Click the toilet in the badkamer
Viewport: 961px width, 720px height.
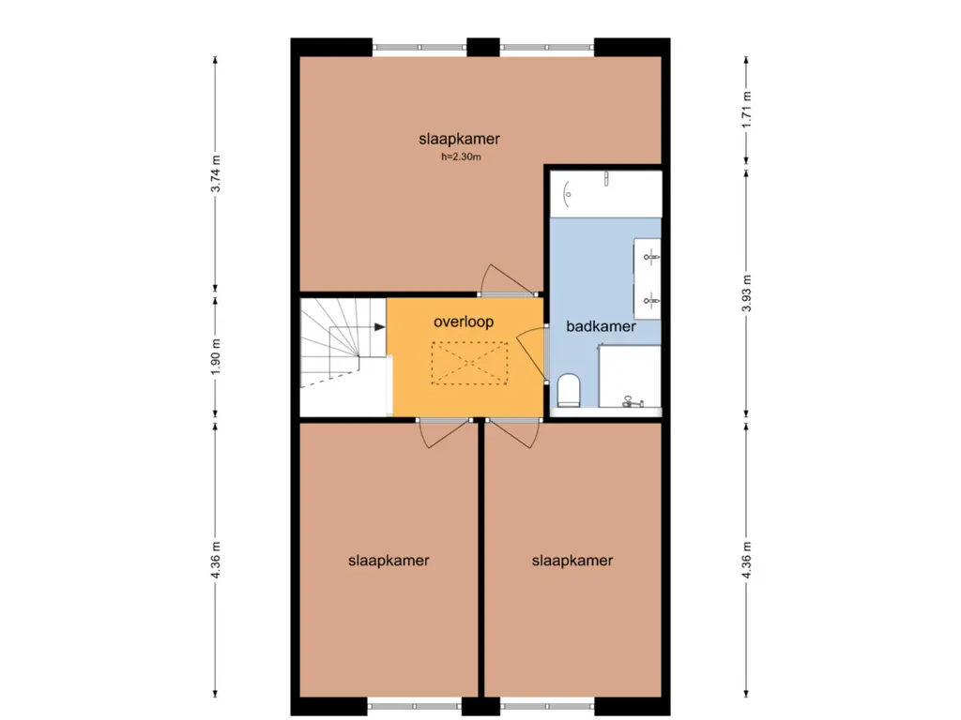pyautogui.click(x=569, y=391)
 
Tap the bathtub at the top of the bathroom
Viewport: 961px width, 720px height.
pyautogui.click(x=605, y=194)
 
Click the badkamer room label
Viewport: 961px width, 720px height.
pyautogui.click(x=601, y=326)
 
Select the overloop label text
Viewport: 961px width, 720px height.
pyautogui.click(x=464, y=322)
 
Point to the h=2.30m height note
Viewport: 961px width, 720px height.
pyautogui.click(x=461, y=157)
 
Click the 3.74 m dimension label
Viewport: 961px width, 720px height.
pyautogui.click(x=216, y=173)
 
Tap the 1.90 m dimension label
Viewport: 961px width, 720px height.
pyautogui.click(x=216, y=357)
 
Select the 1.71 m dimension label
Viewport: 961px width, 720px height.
pyautogui.click(x=746, y=110)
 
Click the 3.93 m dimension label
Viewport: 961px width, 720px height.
pyautogui.click(x=746, y=292)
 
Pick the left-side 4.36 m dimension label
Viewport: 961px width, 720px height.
pyautogui.click(x=216, y=560)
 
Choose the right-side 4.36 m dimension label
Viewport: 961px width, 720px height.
pyautogui.click(x=746, y=560)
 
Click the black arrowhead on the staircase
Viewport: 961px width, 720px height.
pyautogui.click(x=380, y=327)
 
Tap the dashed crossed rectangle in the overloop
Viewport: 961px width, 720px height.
pyautogui.click(x=469, y=363)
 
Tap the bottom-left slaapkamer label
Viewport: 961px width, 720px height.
pyautogui.click(x=389, y=561)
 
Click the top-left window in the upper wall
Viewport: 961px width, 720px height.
pyautogui.click(x=419, y=47)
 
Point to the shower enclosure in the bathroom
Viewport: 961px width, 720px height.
pyautogui.click(x=630, y=376)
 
